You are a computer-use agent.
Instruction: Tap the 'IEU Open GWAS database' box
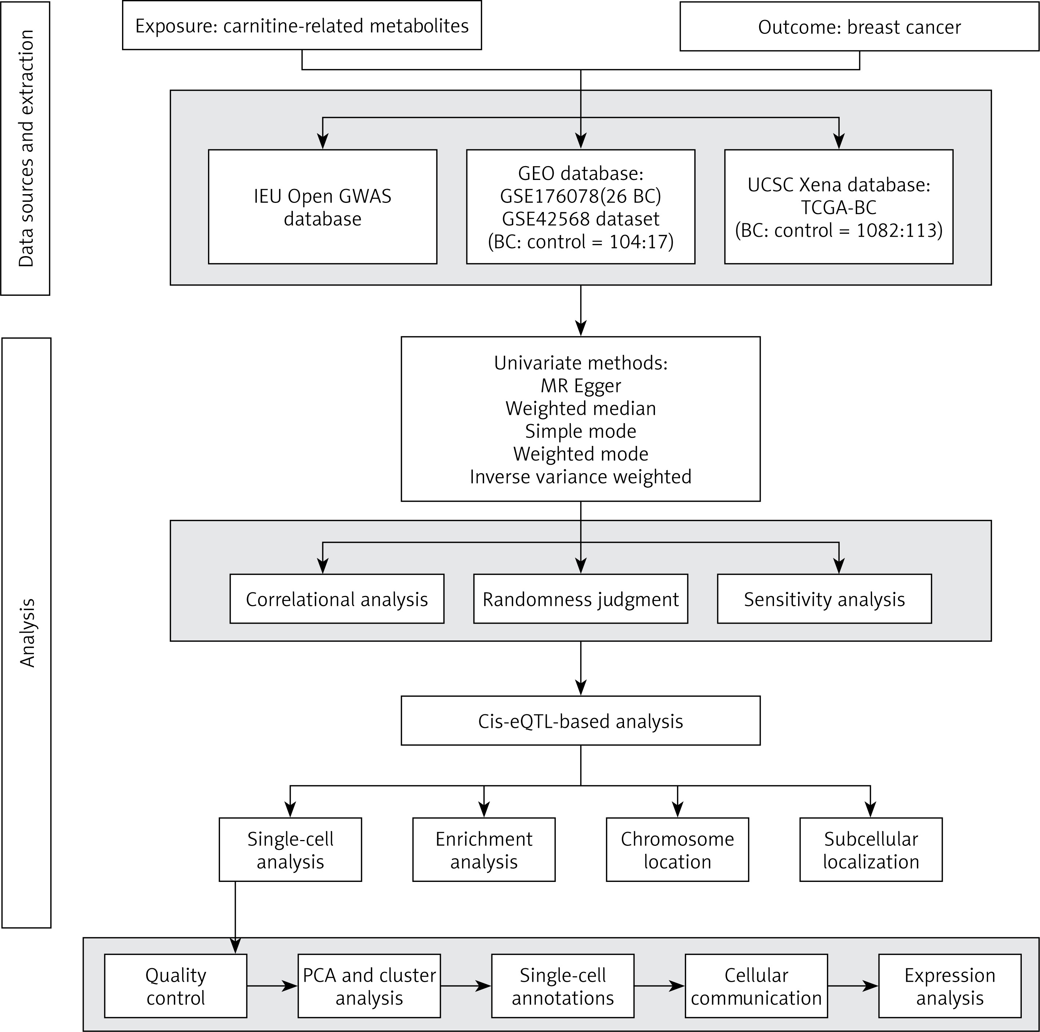(322, 207)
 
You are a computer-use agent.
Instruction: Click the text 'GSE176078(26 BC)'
(580, 196)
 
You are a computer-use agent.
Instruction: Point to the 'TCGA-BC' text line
(839, 207)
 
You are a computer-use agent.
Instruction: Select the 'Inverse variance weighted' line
(580, 477)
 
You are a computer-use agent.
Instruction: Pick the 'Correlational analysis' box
(337, 599)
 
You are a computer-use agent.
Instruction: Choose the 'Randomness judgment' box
(580, 599)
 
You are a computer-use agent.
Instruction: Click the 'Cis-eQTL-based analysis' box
(580, 721)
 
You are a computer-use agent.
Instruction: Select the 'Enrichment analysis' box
(484, 849)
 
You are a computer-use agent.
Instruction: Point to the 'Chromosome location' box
(677, 849)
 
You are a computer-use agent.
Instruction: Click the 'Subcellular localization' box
(871, 849)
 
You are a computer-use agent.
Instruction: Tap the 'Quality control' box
(176, 986)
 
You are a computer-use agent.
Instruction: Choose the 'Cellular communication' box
(756, 986)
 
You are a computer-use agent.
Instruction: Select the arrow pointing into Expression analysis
(853, 986)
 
